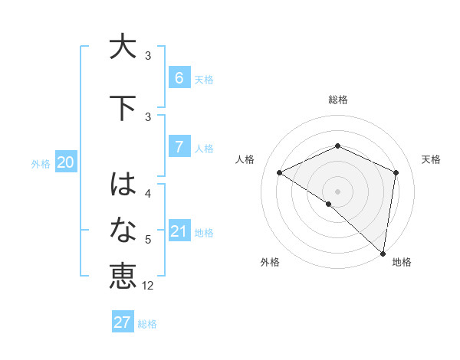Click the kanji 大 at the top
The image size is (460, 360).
click(x=123, y=47)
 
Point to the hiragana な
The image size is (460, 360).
click(x=123, y=229)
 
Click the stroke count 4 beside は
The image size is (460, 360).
click(x=148, y=194)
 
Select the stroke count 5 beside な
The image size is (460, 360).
click(x=148, y=240)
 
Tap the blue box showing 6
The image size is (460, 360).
click(x=179, y=77)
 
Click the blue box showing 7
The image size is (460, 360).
click(x=179, y=146)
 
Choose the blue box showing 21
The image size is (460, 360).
click(x=179, y=231)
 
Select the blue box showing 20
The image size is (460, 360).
click(x=65, y=162)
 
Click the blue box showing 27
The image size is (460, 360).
click(x=123, y=322)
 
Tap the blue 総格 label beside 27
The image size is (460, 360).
click(x=147, y=324)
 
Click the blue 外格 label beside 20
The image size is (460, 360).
click(x=40, y=163)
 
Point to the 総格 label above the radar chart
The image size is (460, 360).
click(x=337, y=100)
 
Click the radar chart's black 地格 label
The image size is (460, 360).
click(x=402, y=262)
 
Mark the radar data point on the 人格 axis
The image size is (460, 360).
click(x=280, y=172)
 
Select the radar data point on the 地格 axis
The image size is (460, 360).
click(x=383, y=253)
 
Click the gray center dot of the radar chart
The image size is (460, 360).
click(x=337, y=191)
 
